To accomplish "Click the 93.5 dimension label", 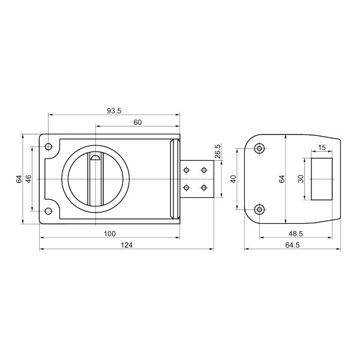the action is (x=114, y=111).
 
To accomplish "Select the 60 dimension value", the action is (x=137, y=122).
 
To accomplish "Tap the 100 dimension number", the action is (x=110, y=234).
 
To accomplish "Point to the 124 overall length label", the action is (x=127, y=245).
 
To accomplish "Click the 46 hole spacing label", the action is (x=28, y=179).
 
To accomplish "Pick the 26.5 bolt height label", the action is (x=218, y=151).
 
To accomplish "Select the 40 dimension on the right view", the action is (x=233, y=179).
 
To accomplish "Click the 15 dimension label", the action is (x=322, y=148).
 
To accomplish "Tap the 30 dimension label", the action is (x=301, y=179).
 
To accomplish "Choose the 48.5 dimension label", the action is (x=296, y=234).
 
